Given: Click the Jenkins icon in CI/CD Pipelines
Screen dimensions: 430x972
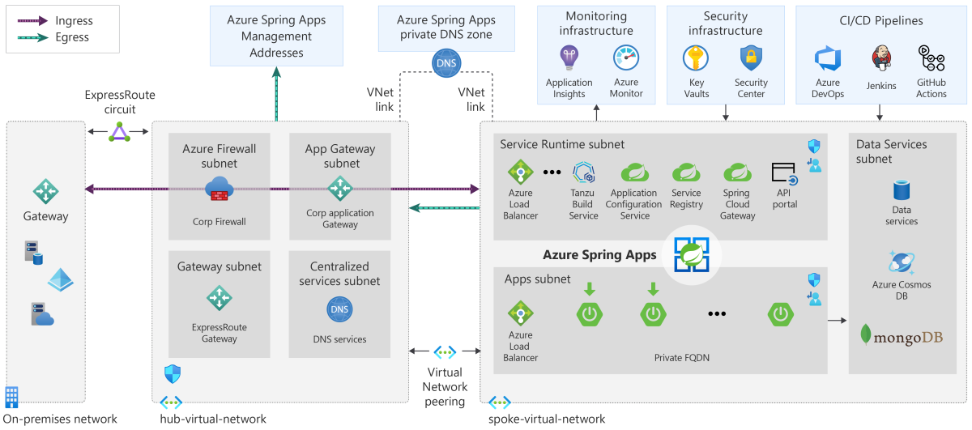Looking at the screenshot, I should pos(881,60).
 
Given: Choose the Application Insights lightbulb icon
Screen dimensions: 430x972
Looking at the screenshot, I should pos(569,58).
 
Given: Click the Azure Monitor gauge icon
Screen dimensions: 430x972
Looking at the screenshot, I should pos(626,58).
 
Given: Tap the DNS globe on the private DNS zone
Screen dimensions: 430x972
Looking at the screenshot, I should pos(446,63).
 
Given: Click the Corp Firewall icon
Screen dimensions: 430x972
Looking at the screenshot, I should pos(219,189).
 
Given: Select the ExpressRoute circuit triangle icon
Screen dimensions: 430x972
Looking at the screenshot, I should pos(120,131).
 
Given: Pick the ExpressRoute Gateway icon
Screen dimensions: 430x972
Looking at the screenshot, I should pos(219,298).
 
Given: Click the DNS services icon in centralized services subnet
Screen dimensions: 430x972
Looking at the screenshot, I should pos(339,309).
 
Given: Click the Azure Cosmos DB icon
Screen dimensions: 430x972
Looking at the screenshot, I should pos(902,263).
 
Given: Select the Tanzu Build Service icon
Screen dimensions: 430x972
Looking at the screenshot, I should pos(584,172).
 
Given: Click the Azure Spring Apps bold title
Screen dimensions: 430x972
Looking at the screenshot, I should pos(599,254).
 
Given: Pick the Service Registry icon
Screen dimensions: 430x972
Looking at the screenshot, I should pos(686,172).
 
